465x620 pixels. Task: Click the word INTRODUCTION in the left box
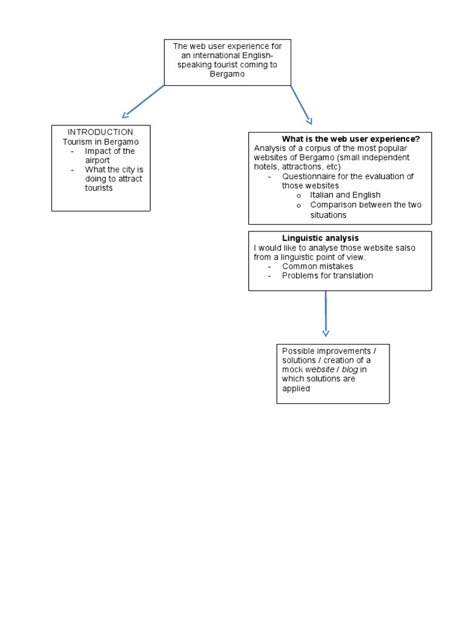click(x=101, y=132)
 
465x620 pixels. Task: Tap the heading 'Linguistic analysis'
click(x=320, y=239)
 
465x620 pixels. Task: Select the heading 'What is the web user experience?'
click(x=351, y=139)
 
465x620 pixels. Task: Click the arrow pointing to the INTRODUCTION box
click(x=143, y=101)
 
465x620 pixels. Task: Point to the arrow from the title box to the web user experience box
click(x=301, y=104)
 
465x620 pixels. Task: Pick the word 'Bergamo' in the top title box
click(x=227, y=74)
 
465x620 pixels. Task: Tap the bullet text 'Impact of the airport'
click(x=110, y=156)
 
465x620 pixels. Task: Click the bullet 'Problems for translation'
click(x=327, y=275)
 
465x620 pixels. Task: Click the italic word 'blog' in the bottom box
click(x=350, y=369)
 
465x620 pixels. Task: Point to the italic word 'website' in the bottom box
click(x=319, y=369)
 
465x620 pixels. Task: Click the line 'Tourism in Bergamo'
click(x=101, y=142)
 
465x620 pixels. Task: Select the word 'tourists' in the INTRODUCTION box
click(x=99, y=188)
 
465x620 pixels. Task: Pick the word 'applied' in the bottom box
click(x=295, y=389)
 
